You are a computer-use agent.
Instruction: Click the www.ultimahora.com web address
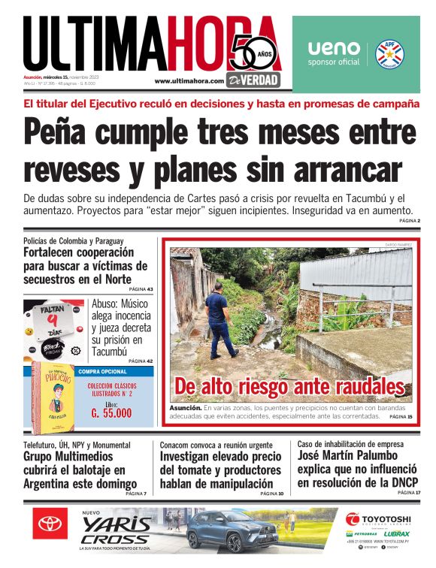pos(189,81)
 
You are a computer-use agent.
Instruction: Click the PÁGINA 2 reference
pos(409,221)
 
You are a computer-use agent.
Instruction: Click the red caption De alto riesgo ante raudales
pos(289,386)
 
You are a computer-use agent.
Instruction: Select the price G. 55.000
pos(111,412)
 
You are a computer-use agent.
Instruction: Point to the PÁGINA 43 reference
pos(141,289)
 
